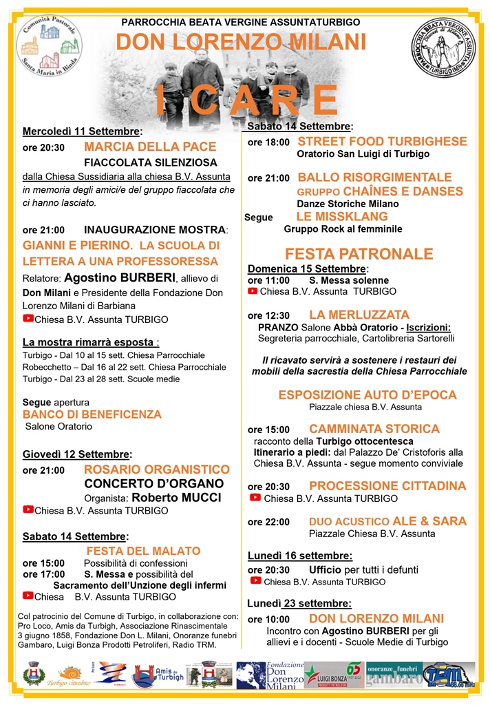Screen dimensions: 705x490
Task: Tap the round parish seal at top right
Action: pyautogui.click(x=443, y=48)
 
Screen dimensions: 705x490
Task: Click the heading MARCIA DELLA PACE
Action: pyautogui.click(x=150, y=147)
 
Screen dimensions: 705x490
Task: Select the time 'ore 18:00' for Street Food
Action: pyautogui.click(x=268, y=143)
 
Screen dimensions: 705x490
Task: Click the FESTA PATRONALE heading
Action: pyautogui.click(x=359, y=254)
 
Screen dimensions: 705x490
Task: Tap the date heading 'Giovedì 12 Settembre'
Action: pyautogui.click(x=77, y=454)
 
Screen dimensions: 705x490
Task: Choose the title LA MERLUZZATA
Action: pyautogui.click(x=359, y=315)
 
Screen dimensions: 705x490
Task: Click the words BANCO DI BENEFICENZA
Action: pyautogui.click(x=92, y=414)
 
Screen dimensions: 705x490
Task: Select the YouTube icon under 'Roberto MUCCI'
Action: pyautogui.click(x=28, y=510)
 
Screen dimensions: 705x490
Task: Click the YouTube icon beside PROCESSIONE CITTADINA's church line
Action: pyautogui.click(x=255, y=498)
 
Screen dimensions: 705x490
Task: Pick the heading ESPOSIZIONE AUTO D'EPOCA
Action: pyautogui.click(x=367, y=394)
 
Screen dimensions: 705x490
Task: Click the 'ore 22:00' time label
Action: pyautogui.click(x=268, y=522)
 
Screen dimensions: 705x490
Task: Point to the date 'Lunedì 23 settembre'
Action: pyautogui.click(x=299, y=604)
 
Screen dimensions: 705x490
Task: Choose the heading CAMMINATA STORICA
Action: pyautogui.click(x=374, y=429)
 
